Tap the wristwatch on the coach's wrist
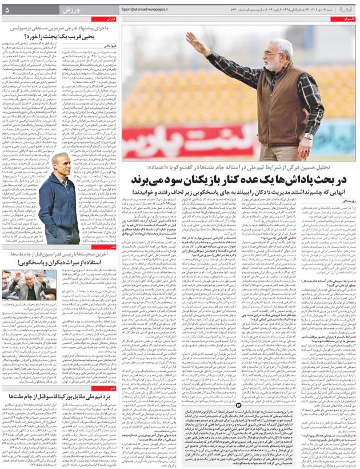coord(309,136)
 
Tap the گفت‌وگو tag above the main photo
coord(347,19)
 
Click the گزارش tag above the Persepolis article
coord(112,18)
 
